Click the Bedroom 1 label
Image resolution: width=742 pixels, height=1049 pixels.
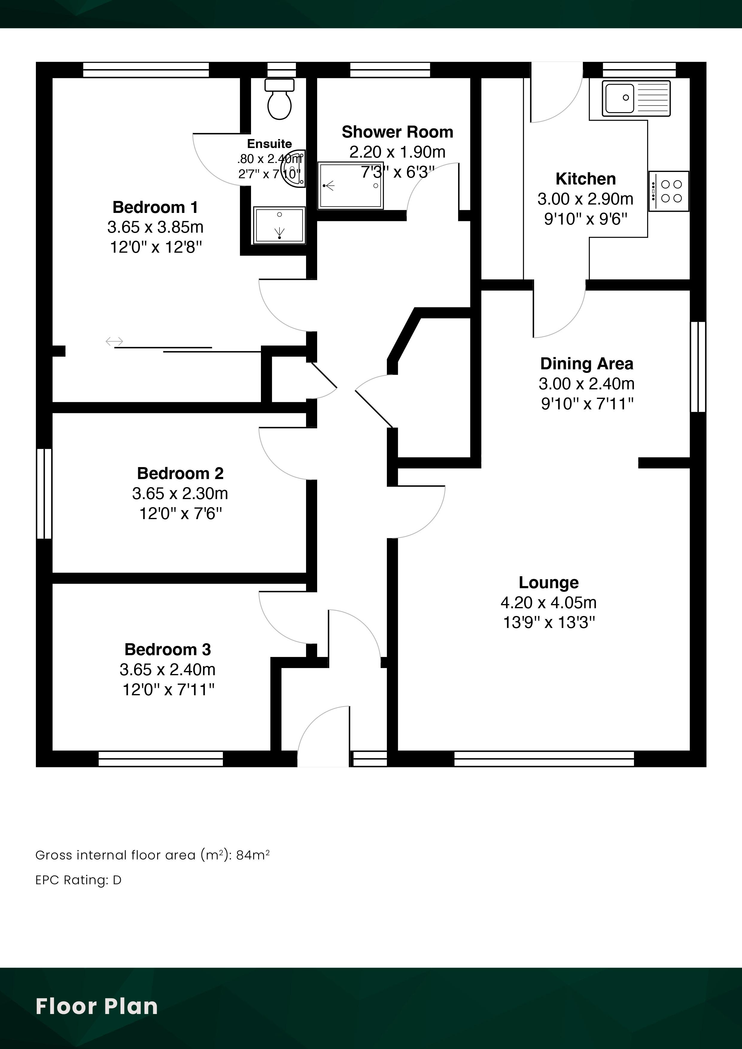156,208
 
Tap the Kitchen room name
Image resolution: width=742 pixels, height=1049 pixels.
586,179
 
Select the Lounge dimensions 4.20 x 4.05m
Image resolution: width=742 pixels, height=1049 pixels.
549,603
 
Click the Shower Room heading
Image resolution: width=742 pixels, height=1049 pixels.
397,132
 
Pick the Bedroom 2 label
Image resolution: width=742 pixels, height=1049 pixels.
180,473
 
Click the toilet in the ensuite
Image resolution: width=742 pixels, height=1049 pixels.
280,99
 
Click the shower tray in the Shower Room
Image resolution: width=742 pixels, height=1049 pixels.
351,185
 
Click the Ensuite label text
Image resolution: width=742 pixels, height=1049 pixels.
269,144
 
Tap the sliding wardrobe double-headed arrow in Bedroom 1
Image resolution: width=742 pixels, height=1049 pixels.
114,341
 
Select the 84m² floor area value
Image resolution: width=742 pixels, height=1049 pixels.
253,855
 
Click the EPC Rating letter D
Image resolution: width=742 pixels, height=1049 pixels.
117,880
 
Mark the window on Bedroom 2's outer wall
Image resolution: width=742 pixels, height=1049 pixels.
44,493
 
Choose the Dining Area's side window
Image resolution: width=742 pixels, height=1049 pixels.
698,367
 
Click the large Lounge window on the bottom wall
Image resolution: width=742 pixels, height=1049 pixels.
544,759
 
